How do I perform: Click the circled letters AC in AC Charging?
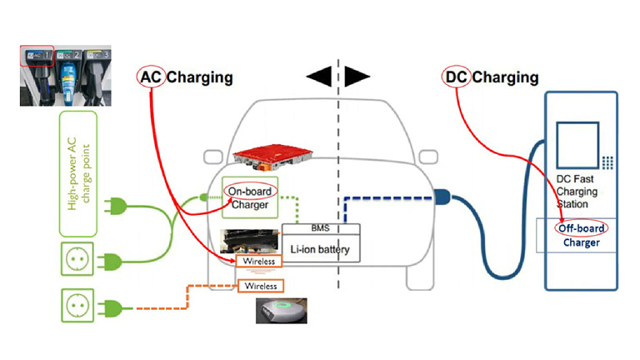151,77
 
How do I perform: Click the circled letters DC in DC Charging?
456,77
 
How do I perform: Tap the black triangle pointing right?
357,76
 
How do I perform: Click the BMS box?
321,228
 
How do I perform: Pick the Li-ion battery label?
321,249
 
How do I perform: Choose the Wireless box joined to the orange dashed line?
258,286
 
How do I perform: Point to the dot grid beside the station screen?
608,162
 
